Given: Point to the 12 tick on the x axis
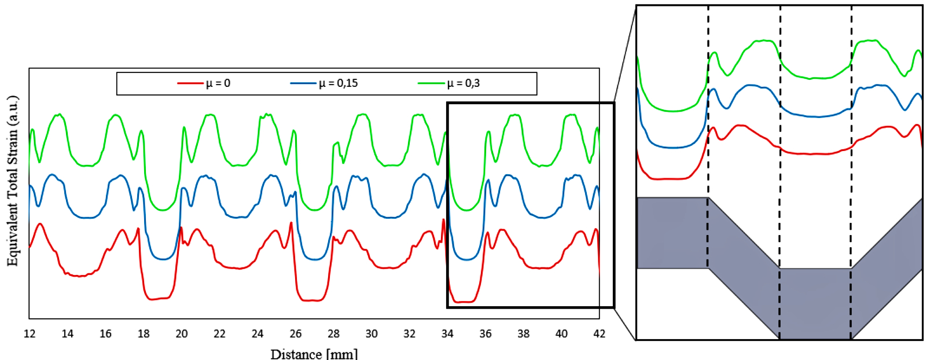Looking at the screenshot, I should [30, 334].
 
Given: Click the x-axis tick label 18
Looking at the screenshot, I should [144, 334].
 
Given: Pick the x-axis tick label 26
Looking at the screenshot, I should [296, 334].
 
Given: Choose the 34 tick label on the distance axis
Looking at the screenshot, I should [447, 334].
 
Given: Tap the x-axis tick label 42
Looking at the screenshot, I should [600, 334].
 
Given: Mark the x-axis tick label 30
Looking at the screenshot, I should [372, 334].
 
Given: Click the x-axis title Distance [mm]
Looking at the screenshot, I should [314, 353].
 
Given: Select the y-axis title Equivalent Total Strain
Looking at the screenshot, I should [13, 181].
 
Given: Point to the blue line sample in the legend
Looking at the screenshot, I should [304, 83].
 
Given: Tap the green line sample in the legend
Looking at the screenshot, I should [432, 83].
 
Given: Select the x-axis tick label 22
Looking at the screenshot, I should [219, 334].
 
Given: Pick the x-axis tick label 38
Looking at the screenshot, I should [523, 334].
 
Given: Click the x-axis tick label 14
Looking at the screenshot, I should [68, 334].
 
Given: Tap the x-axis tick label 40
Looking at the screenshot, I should [561, 334].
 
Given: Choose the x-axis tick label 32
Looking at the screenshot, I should [409, 334].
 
